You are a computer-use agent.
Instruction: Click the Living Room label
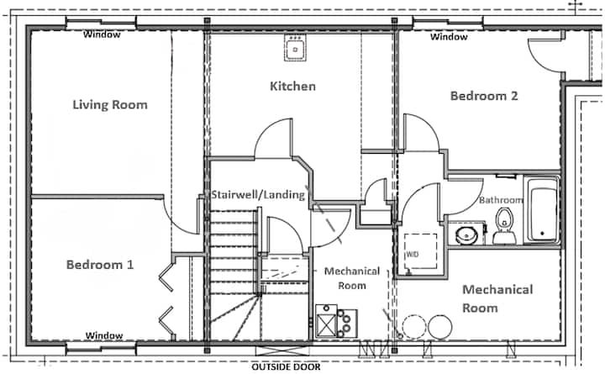[x=110, y=104]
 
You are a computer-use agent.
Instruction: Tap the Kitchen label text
[x=292, y=86]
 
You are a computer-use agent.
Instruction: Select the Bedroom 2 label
[x=484, y=96]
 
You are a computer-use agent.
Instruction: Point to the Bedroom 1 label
[x=100, y=265]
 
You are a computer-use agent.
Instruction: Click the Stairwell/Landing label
[x=258, y=194]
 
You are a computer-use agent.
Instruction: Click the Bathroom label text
[x=501, y=200]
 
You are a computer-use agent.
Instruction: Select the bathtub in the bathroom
[x=542, y=209]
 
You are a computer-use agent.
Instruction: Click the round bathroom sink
[x=466, y=235]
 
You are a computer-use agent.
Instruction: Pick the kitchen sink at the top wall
[x=295, y=47]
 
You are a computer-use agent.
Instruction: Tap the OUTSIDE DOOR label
[x=286, y=366]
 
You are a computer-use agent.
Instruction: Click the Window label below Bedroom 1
[x=104, y=335]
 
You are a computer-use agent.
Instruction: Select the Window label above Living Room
[x=102, y=34]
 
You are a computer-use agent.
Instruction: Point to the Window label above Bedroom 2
[x=449, y=37]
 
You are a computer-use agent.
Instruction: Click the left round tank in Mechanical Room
[x=414, y=327]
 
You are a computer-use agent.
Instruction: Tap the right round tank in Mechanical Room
[x=439, y=327]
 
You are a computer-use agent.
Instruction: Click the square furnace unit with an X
[x=326, y=322]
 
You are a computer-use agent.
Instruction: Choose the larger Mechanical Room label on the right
[x=497, y=298]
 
